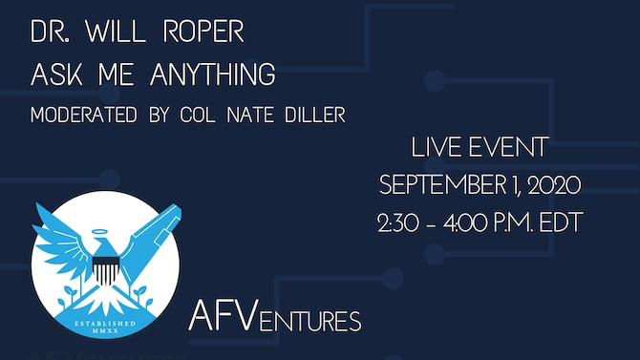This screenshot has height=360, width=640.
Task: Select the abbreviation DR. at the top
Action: point(49,32)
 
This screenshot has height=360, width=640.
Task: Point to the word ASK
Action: point(52,74)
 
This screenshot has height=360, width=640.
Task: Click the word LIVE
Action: point(435,147)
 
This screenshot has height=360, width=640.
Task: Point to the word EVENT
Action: point(512,147)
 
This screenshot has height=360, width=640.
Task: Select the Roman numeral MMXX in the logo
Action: point(105,335)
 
